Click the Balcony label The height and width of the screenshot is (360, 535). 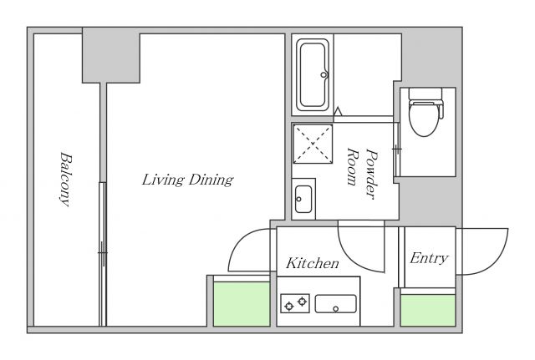66,180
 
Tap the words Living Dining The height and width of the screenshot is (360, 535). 187,180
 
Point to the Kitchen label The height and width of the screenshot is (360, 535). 313,263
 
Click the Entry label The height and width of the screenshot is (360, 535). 429,258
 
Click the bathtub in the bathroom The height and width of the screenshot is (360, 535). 313,74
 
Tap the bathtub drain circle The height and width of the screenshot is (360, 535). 324,74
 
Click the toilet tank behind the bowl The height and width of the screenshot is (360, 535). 425,93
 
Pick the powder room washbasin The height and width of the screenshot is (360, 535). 303,199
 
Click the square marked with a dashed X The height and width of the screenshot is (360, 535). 313,144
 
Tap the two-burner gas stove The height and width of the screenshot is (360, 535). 295,303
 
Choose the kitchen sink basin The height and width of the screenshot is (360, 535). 336,303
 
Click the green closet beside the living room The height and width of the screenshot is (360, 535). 242,304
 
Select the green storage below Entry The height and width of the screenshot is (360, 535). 428,310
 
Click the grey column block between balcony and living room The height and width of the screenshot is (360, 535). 111,55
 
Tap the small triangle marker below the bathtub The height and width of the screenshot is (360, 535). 338,111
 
